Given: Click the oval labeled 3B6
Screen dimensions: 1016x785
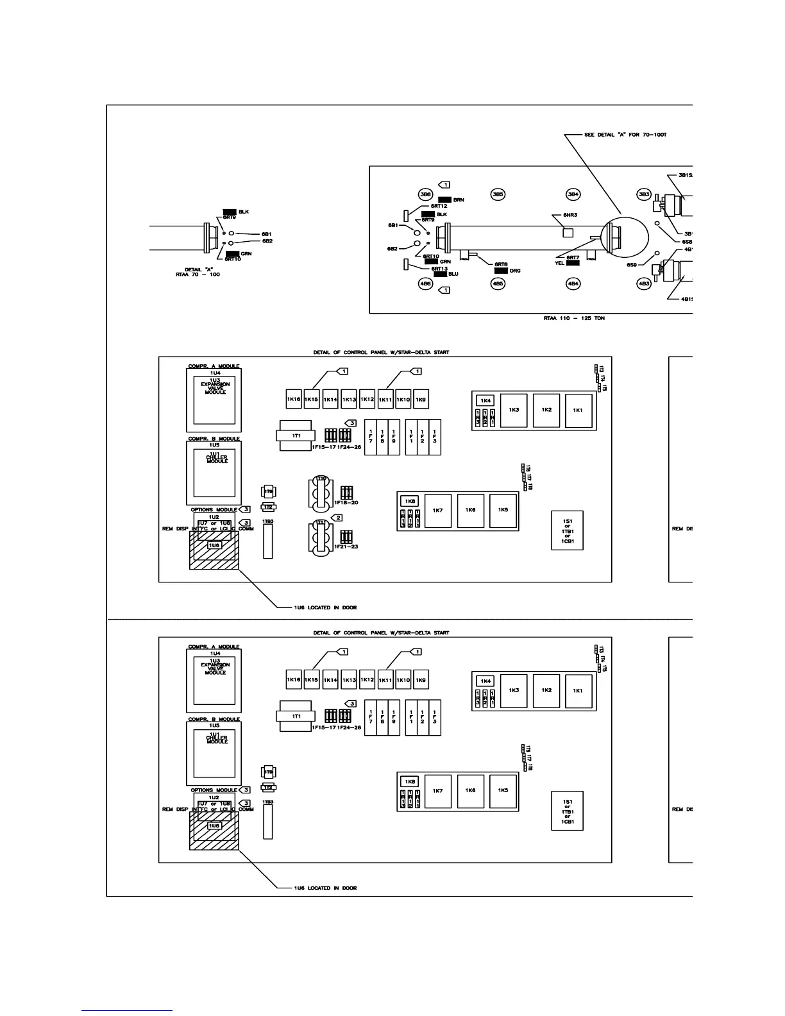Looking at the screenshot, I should [425, 194].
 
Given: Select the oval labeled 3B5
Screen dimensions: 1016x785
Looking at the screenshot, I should [498, 194].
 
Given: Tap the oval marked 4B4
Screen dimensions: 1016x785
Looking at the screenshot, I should [573, 284].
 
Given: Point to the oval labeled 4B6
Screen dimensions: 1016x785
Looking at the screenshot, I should [425, 284].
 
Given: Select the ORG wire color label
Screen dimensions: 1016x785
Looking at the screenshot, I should [515, 271].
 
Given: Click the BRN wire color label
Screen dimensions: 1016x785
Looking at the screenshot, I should [459, 200].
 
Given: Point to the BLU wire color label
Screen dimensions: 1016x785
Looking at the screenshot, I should [453, 274].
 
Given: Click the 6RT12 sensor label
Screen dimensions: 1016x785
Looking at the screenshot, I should [439, 207].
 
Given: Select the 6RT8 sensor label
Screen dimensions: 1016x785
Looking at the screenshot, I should [501, 264].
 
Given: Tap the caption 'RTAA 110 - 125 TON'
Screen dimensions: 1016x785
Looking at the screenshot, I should [573, 318].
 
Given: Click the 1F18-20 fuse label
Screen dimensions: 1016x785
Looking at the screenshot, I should [346, 503].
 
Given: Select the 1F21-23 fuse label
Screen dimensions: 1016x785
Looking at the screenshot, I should [346, 547].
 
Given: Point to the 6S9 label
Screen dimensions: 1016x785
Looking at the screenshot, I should [632, 265].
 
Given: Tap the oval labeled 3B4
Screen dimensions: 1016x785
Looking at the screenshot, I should [573, 194].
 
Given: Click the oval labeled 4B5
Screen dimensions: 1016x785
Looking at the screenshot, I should [498, 284].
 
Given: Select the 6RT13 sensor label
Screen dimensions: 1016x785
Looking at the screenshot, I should [439, 268].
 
